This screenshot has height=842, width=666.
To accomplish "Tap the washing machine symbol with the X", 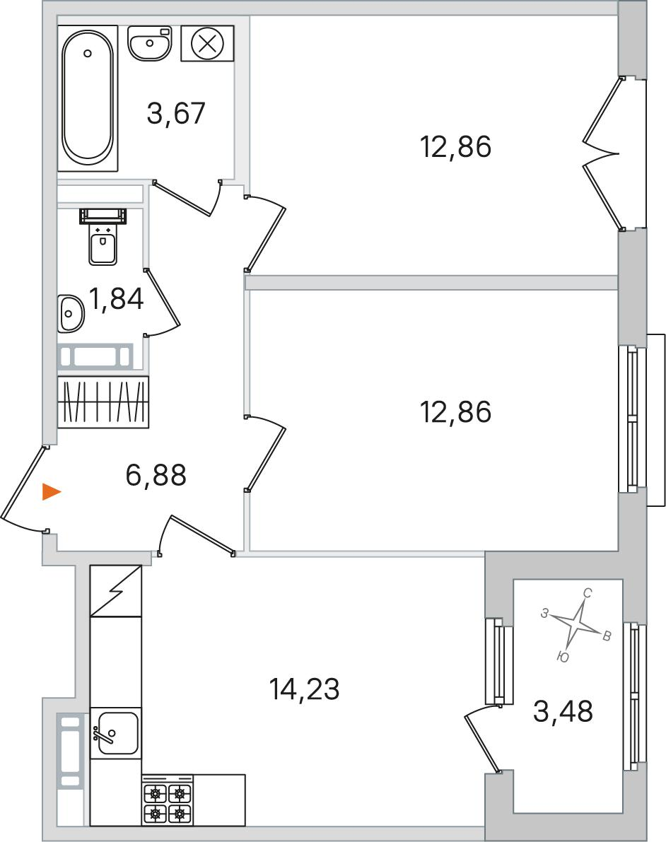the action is point(207,43).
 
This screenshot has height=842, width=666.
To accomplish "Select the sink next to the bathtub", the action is point(150,43).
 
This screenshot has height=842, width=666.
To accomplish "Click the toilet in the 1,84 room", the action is point(103,237).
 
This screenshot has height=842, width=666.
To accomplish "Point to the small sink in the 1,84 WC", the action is point(71,313).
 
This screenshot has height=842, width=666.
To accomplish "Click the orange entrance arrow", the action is point(52,492).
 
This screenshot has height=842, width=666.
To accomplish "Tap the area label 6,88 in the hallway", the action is point(156,474).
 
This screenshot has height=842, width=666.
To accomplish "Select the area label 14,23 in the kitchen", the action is point(304,689).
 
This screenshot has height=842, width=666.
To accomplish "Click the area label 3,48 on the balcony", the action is point(563,711).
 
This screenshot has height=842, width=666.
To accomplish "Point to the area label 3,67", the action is point(176,113).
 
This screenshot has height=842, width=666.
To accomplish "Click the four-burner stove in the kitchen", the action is point(168,800).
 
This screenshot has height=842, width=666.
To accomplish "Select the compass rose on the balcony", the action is point(576,625).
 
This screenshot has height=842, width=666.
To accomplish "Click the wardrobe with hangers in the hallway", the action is point(103,402).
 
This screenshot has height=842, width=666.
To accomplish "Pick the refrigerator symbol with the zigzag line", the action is point(116,591).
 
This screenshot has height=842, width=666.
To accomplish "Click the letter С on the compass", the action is point(588,593).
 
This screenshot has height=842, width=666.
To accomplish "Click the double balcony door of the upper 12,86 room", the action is point(602,153).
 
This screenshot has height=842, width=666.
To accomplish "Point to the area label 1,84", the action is point(117,299).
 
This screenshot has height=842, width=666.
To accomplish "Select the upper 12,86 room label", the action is point(455,147).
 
